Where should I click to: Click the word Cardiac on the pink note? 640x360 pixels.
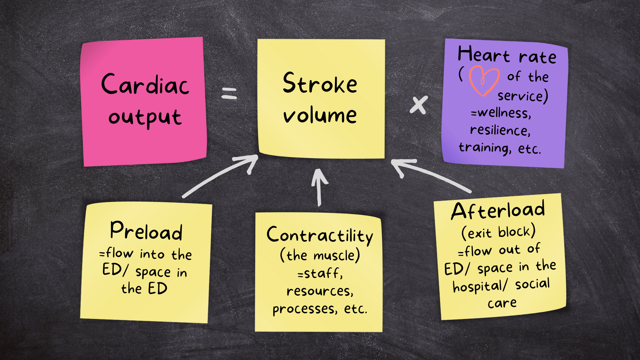(x=145, y=84)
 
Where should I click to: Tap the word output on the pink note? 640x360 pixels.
(x=145, y=117)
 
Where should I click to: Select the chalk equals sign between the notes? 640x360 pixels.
(x=229, y=93)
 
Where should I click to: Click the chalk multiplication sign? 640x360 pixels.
(x=419, y=105)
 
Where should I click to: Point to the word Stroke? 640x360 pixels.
(x=320, y=83)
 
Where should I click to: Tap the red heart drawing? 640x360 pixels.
(x=484, y=80)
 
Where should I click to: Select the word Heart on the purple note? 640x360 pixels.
(x=484, y=54)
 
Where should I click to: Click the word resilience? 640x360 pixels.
(x=500, y=130)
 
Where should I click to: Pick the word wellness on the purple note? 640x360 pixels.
(x=504, y=113)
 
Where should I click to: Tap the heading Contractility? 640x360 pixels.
(x=320, y=235)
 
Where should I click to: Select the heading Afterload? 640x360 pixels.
(x=498, y=211)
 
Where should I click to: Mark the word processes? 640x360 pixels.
(x=304, y=309)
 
